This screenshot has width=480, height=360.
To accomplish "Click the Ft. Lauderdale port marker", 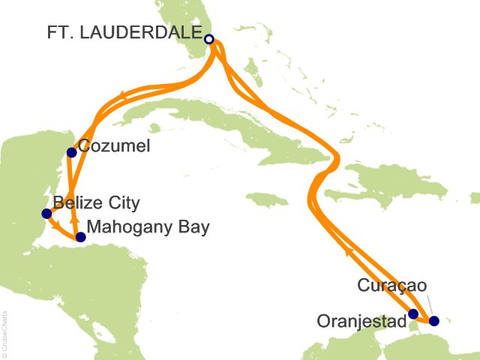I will [x=209, y=39].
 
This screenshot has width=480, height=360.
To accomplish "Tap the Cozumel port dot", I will [x=71, y=152].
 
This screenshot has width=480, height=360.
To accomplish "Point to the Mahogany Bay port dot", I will [x=81, y=237].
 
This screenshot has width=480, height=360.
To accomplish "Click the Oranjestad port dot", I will [x=413, y=314].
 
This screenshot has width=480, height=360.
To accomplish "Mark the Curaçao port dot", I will [x=433, y=321].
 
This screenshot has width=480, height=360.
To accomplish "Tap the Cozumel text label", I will [x=115, y=147].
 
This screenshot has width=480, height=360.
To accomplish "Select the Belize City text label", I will [x=97, y=202].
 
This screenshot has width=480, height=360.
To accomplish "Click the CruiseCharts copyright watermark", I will [x=5, y=334].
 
